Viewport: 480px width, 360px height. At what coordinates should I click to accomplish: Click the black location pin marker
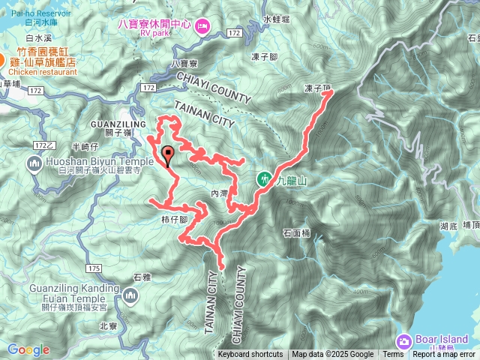pyautogui.click(x=167, y=156)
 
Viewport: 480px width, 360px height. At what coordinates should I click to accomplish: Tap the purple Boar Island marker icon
pyautogui.click(x=405, y=341)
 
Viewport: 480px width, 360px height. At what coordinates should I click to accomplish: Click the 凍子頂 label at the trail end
pyautogui.click(x=318, y=88)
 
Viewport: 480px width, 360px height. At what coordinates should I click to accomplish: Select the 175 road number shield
pyautogui.click(x=94, y=268)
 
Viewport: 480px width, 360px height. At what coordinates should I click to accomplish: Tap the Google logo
pyautogui.click(x=28, y=349)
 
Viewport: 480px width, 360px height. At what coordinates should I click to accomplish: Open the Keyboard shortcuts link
pyautogui.click(x=250, y=355)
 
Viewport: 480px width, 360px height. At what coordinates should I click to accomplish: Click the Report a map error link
pyautogui.click(x=445, y=355)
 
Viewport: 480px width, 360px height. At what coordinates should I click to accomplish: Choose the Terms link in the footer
pyautogui.click(x=393, y=355)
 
